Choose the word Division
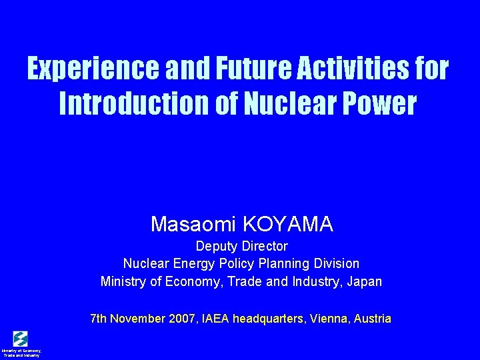coord(333,263)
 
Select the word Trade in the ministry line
coord(247,281)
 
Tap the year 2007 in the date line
coord(181,319)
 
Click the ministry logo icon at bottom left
coord(21,338)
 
